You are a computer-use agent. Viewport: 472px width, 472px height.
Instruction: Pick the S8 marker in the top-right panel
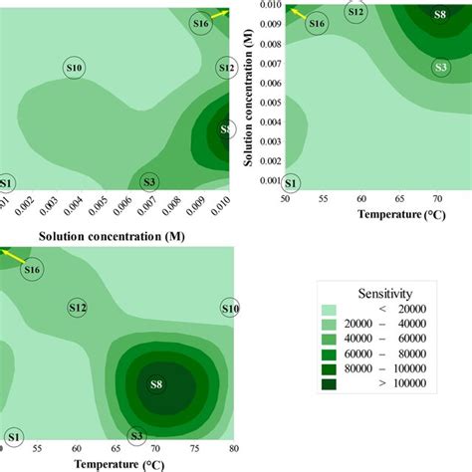point(440,15)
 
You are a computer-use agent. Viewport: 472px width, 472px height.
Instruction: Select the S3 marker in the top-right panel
point(440,67)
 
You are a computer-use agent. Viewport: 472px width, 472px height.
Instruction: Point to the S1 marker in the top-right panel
point(291,183)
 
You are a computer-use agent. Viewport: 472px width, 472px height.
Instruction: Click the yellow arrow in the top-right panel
point(295,12)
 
